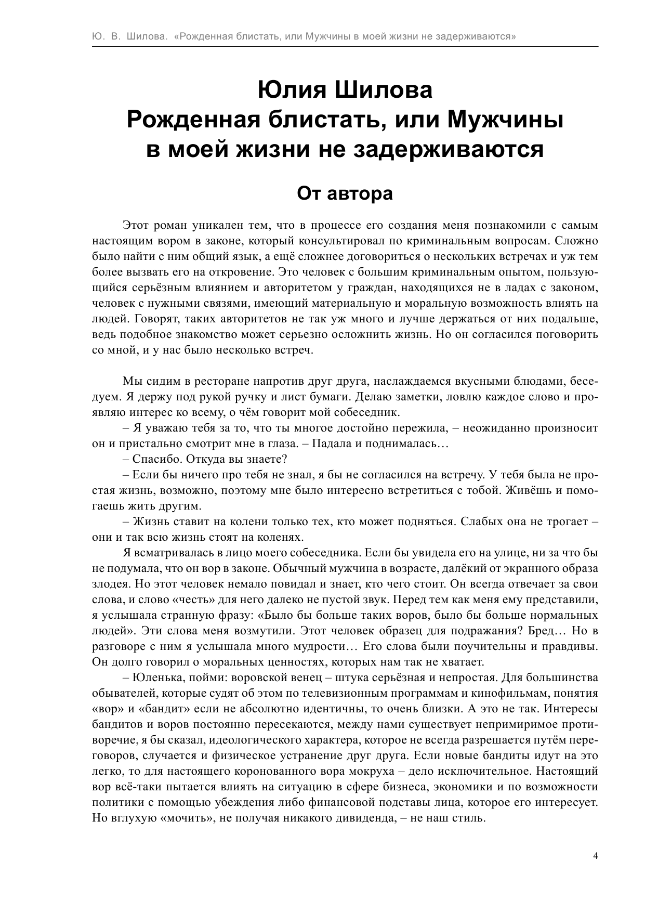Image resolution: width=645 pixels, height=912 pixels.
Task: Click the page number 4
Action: point(596,856)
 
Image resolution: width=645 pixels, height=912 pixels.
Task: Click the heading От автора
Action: point(345,193)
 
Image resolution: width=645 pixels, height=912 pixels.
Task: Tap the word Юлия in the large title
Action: point(292,90)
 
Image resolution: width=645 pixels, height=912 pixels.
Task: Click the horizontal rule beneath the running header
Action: point(345,47)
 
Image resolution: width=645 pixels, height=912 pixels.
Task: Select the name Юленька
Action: point(154,678)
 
